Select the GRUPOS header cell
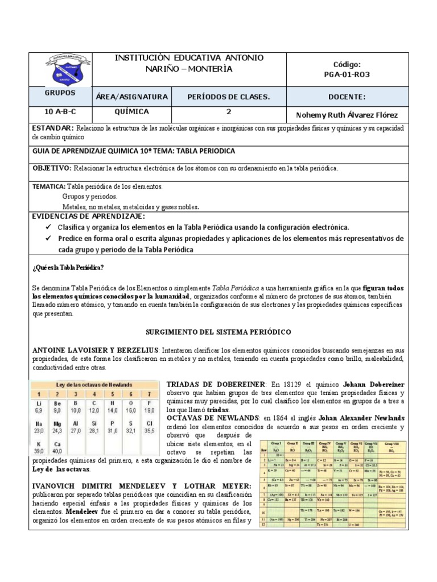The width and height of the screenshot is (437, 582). click(x=60, y=93)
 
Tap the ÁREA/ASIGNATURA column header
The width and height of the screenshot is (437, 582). click(x=131, y=97)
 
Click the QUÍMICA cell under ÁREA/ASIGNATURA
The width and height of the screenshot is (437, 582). click(x=131, y=112)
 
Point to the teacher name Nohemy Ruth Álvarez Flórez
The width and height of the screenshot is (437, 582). click(x=360, y=115)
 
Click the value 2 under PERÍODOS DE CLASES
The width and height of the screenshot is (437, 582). click(x=228, y=112)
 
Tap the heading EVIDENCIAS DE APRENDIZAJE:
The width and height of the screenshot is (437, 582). click(x=88, y=217)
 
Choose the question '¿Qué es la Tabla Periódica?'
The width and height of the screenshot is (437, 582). click(x=68, y=268)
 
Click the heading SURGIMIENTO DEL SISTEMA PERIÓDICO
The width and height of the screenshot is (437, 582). click(x=218, y=331)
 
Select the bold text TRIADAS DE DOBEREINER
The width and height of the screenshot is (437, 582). click(x=208, y=384)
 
